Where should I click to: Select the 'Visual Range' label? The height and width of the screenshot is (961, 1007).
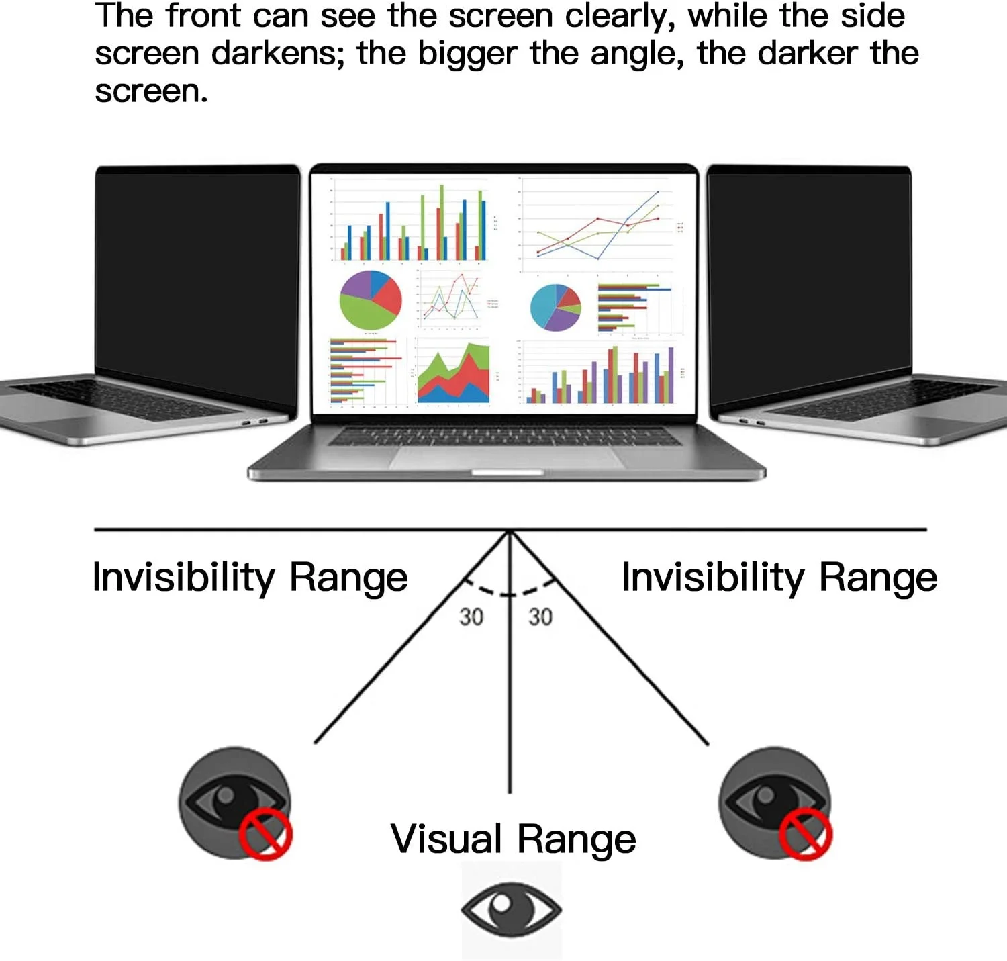click(513, 839)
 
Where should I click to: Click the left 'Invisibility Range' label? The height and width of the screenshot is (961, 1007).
click(250, 578)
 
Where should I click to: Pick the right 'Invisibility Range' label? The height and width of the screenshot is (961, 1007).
click(779, 578)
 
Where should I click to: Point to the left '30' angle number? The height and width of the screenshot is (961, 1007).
click(471, 616)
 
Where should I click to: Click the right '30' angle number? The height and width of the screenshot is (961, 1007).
click(540, 616)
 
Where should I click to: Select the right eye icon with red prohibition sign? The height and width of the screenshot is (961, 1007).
click(775, 803)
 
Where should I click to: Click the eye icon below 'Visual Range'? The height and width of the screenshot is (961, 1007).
click(512, 910)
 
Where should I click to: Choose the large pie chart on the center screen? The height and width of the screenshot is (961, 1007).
click(371, 300)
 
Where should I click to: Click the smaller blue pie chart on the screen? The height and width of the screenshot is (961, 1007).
click(555, 308)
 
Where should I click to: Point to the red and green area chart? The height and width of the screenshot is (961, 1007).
click(453, 374)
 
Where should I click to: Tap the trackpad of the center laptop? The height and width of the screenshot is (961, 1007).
click(507, 458)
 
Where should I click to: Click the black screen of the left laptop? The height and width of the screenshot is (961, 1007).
click(198, 275)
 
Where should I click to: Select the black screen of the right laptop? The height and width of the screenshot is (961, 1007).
click(809, 275)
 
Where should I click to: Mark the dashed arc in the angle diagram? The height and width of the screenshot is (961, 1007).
click(510, 592)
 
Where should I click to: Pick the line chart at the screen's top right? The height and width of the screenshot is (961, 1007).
click(597, 225)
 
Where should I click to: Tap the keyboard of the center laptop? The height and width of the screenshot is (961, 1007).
click(505, 436)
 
